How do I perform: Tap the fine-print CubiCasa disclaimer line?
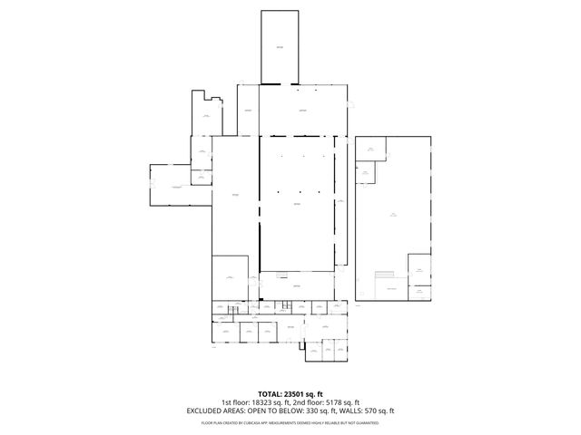[290, 421]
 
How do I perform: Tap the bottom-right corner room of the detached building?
[419, 292]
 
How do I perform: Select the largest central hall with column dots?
[296, 204]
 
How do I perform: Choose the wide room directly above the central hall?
[302, 111]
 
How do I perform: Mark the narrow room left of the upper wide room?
[248, 111]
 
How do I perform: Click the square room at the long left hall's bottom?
[230, 276]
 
